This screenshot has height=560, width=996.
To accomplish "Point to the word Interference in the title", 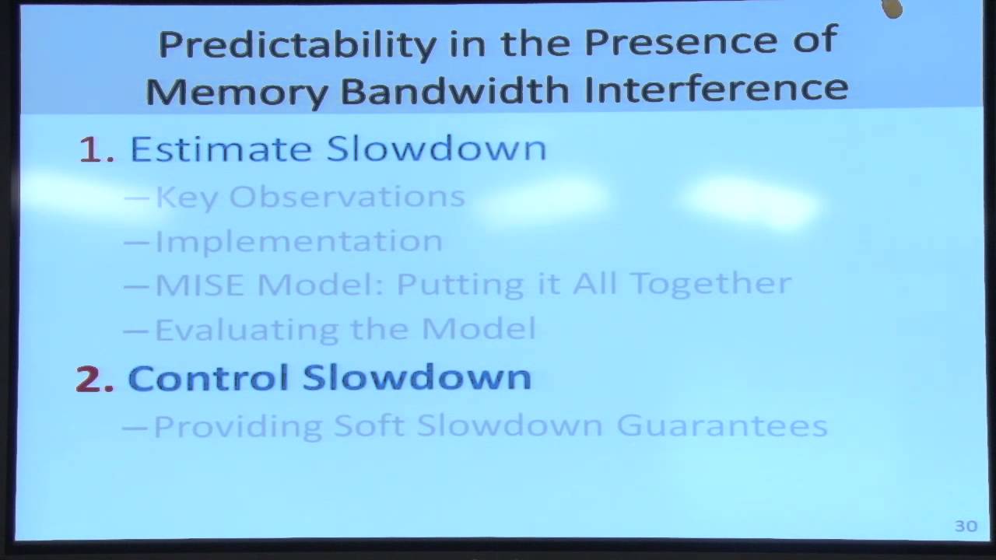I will click(716, 87).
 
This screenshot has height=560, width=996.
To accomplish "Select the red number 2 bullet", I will click(94, 379).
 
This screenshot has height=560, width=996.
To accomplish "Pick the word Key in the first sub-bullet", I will click(187, 198).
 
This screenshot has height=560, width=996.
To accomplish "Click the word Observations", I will click(347, 196).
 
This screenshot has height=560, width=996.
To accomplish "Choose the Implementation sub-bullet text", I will click(299, 241).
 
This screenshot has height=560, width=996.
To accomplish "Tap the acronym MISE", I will click(200, 285).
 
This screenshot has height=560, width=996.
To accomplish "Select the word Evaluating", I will click(246, 329).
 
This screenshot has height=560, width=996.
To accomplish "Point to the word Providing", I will click(237, 427).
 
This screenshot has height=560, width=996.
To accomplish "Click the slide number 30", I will click(966, 527).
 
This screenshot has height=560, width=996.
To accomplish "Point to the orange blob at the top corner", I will click(892, 9).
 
